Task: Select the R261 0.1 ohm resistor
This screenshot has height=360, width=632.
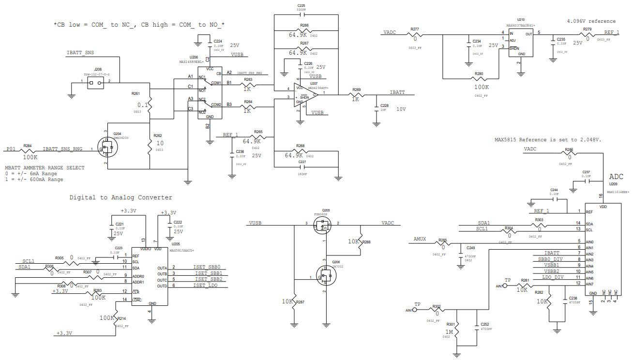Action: coord(150,103)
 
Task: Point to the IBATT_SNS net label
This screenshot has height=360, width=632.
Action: coord(80,52)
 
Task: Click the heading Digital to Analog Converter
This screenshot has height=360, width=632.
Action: coord(120,197)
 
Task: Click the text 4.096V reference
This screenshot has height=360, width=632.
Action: coord(591,21)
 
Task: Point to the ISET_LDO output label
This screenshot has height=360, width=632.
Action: coord(206,286)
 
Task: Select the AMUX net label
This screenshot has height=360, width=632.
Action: coord(420,240)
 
